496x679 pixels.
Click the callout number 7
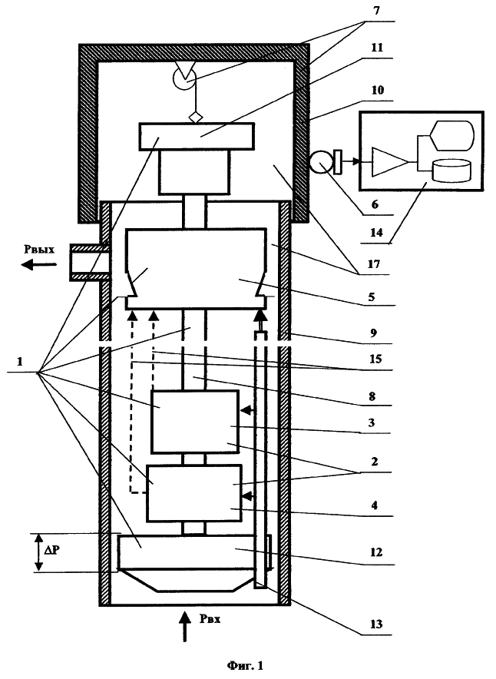tap(376, 11)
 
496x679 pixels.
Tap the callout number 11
tap(377, 47)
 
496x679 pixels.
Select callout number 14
tap(376, 233)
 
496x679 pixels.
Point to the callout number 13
tap(376, 624)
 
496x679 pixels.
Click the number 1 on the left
tap(19, 361)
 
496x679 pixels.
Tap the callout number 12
tap(376, 552)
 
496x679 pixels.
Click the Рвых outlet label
tap(39, 250)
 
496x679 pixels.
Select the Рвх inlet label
tap(210, 619)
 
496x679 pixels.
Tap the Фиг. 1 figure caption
tap(246, 665)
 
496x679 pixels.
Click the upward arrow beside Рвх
tap(185, 626)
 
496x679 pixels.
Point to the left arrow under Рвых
tap(39, 263)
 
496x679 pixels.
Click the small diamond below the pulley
tap(196, 118)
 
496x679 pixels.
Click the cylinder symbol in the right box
tap(451, 171)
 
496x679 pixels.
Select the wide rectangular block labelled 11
tap(197, 136)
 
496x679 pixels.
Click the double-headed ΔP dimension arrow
tap(39, 552)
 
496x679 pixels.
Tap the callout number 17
tap(373, 263)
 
